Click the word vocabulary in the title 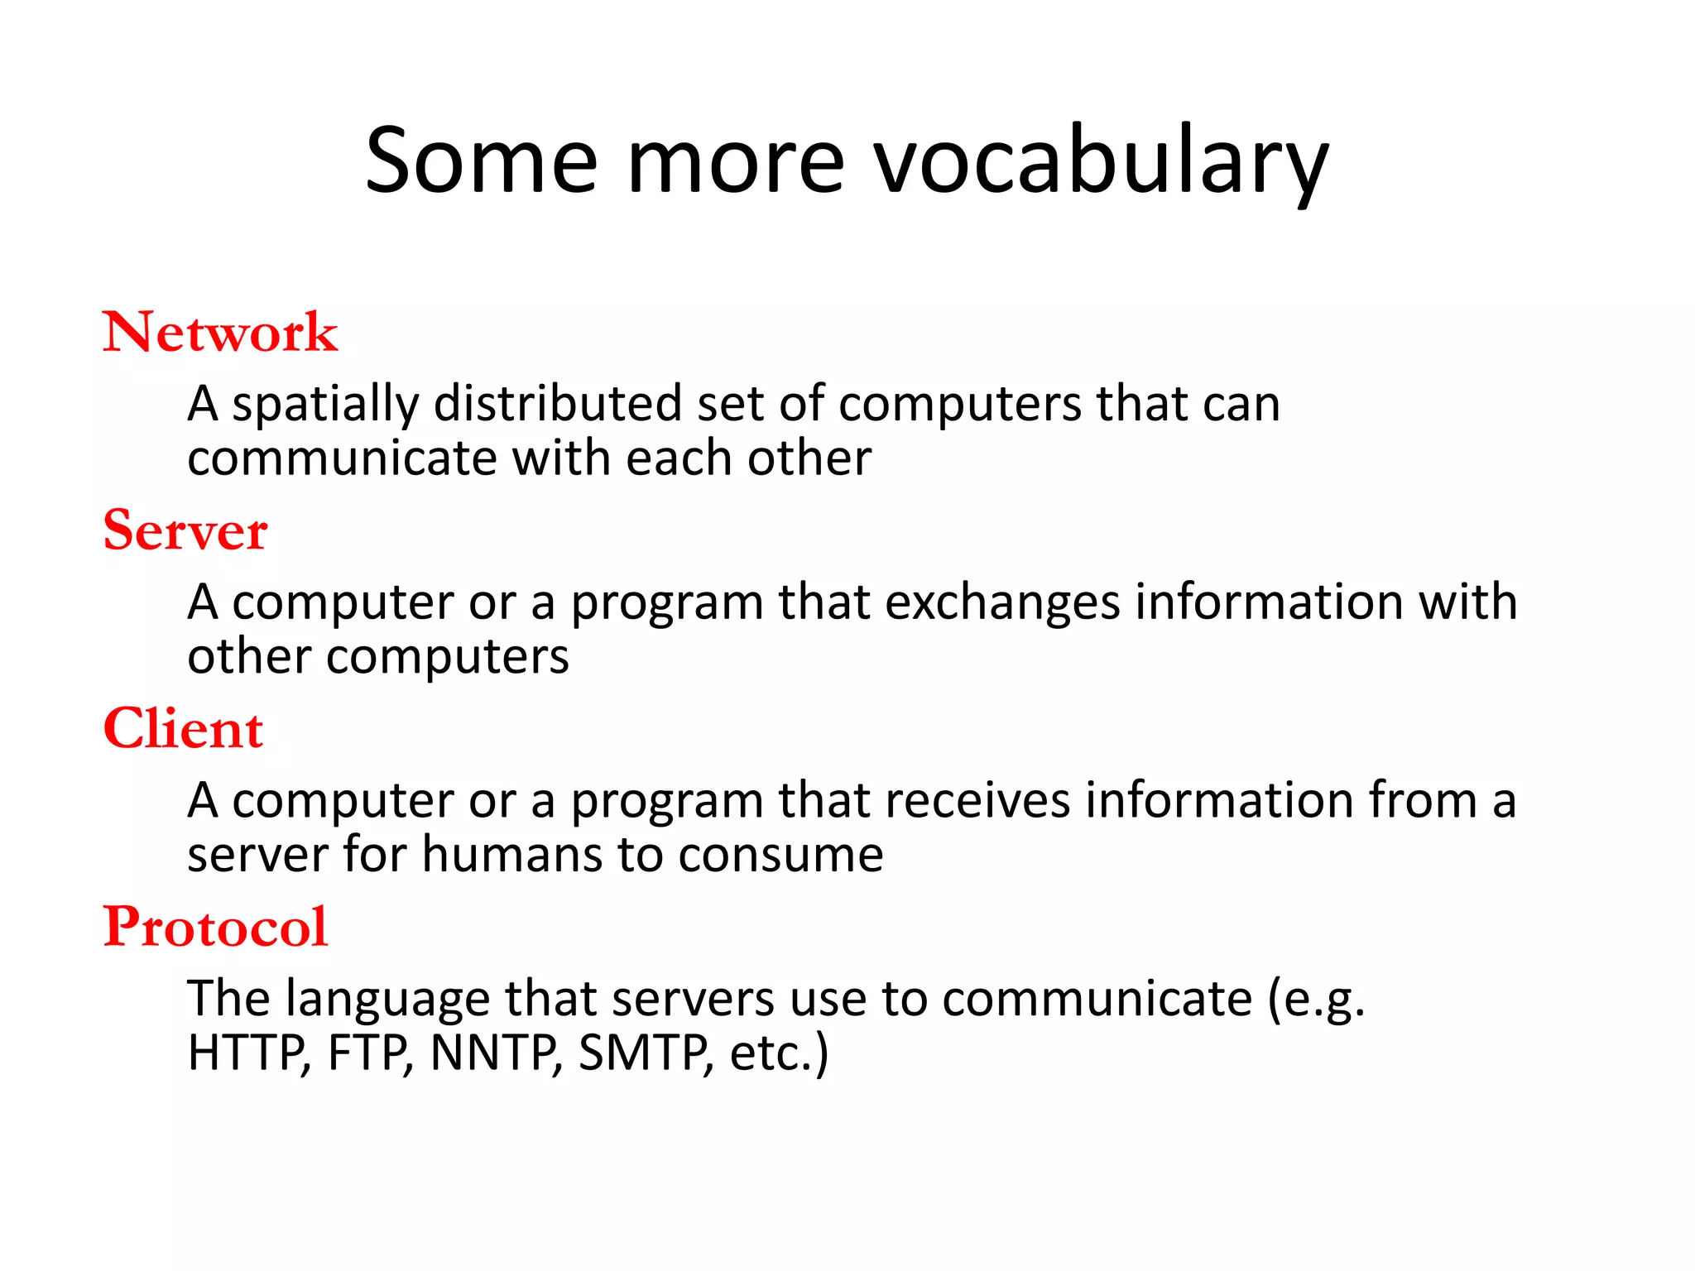click(1101, 161)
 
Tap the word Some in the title click(481, 161)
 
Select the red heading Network click(220, 333)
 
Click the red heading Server click(185, 530)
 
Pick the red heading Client click(183, 729)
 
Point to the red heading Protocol click(215, 927)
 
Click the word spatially click(324, 405)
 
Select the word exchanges click(1002, 602)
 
